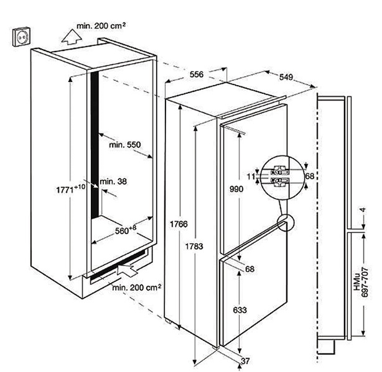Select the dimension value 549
point(286,78)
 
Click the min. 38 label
point(113,181)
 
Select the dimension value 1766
point(182,223)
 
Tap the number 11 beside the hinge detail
point(251,176)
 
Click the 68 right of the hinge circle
point(310,176)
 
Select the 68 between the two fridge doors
point(250,269)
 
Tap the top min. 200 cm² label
point(101,27)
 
